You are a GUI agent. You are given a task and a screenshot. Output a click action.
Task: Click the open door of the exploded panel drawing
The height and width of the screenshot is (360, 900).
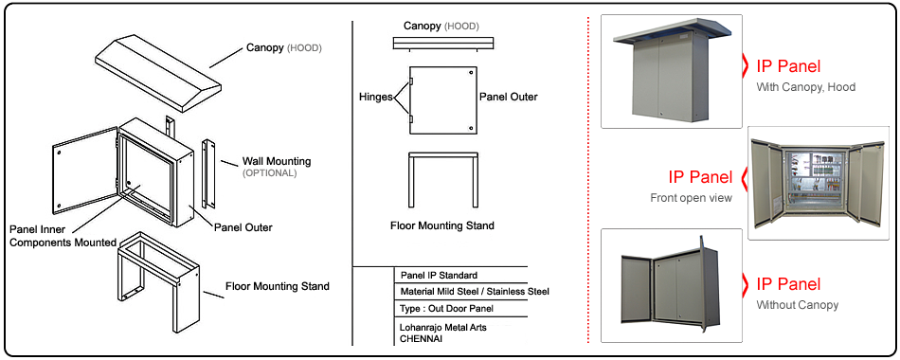coord(84,171)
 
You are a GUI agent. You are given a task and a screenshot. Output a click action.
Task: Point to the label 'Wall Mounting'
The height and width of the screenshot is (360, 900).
coord(276,161)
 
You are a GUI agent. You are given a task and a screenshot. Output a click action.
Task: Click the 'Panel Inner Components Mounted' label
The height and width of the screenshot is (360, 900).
coord(63,236)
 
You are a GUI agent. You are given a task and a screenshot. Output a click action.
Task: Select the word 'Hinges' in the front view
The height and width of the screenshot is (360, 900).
coord(376,97)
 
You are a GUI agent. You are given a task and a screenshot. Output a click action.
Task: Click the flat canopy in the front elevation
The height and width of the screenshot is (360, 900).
coord(442,44)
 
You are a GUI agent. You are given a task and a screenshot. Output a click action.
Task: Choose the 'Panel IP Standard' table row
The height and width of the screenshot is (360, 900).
coord(439,275)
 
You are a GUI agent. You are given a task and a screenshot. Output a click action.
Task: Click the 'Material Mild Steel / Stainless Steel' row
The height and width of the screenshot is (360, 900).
coord(475,292)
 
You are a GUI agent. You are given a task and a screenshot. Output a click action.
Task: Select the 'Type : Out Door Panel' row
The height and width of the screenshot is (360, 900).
coord(447,308)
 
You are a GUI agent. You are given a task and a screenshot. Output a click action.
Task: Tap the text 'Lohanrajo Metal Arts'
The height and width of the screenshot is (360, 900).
coord(442,327)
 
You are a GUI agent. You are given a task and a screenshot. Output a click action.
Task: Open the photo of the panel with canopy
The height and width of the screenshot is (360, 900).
coord(672,71)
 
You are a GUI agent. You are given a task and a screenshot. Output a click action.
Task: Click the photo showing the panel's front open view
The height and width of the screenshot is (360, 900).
coord(819,183)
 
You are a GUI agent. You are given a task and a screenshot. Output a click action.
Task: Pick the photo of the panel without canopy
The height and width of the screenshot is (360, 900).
coord(672,285)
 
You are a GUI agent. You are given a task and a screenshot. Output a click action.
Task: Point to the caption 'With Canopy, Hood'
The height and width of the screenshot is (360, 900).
coord(806,87)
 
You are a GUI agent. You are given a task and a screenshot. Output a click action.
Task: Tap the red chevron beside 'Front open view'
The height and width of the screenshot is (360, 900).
coord(744,177)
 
